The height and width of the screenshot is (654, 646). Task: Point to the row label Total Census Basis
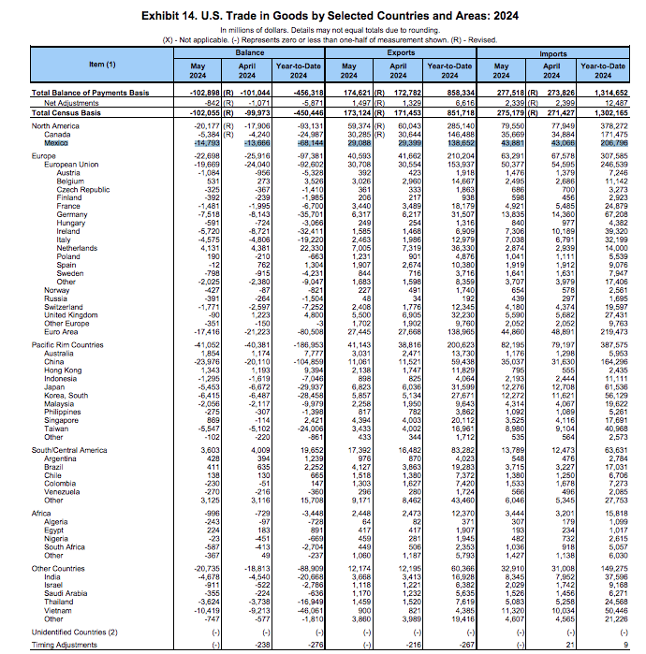tap(68, 111)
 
